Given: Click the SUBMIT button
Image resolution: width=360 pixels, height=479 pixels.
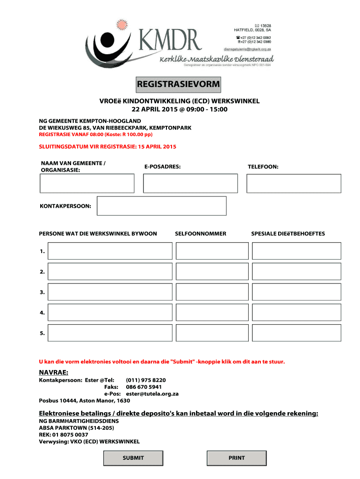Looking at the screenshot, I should [133, 458].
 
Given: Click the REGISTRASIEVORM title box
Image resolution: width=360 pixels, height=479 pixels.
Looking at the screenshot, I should [178, 84].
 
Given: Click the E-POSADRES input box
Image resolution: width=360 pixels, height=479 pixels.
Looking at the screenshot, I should [190, 183].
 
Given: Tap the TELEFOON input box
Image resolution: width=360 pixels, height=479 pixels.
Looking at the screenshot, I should [294, 183].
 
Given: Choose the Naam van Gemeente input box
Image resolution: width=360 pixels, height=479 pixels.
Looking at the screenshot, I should [87, 183].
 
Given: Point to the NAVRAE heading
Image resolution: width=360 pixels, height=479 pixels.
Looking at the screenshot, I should [53, 372].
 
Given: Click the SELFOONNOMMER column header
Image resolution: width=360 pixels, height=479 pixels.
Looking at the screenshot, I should [200, 233].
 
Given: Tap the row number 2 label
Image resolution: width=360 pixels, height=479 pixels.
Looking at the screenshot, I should [43, 272].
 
